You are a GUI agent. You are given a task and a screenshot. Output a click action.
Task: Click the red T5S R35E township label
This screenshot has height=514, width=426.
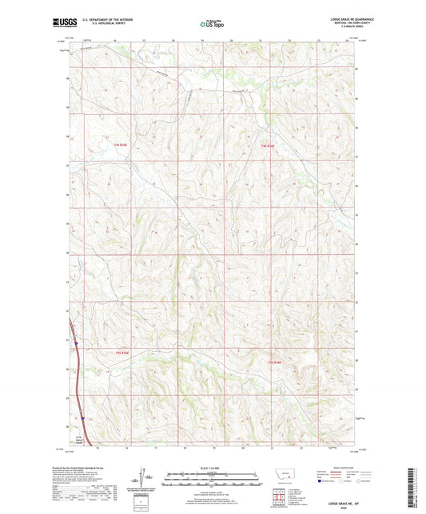(120, 354)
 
